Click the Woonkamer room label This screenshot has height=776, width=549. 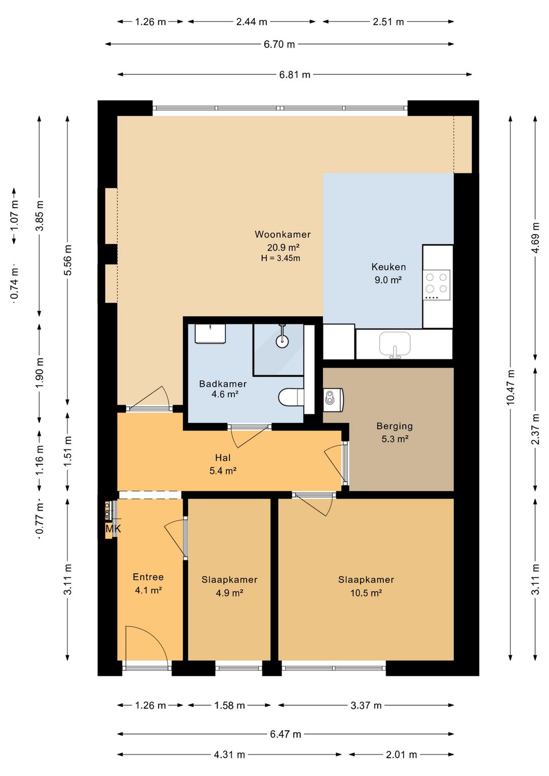click(x=283, y=234)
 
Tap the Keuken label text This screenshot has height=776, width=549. click(x=389, y=267)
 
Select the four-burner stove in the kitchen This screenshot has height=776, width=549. click(x=437, y=285)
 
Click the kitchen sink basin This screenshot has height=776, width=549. click(x=395, y=343)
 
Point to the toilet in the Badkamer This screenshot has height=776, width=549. click(x=291, y=397)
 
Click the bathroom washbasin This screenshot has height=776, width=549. click(x=210, y=334)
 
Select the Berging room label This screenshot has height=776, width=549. click(x=394, y=426)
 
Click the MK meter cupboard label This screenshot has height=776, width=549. click(x=113, y=529)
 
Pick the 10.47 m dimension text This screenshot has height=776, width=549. click(x=510, y=387)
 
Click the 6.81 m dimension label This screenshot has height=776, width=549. click(x=295, y=74)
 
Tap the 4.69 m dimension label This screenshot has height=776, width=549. click(x=535, y=238)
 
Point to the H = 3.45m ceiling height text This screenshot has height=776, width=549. click(x=281, y=258)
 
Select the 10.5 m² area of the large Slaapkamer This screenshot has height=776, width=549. click(x=366, y=593)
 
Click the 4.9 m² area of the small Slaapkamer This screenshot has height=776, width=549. click(x=229, y=593)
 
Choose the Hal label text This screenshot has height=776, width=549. click(x=223, y=458)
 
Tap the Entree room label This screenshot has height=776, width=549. click(x=148, y=577)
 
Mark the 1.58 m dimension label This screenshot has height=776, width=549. click(x=229, y=706)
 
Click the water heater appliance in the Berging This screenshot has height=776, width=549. click(x=333, y=400)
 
